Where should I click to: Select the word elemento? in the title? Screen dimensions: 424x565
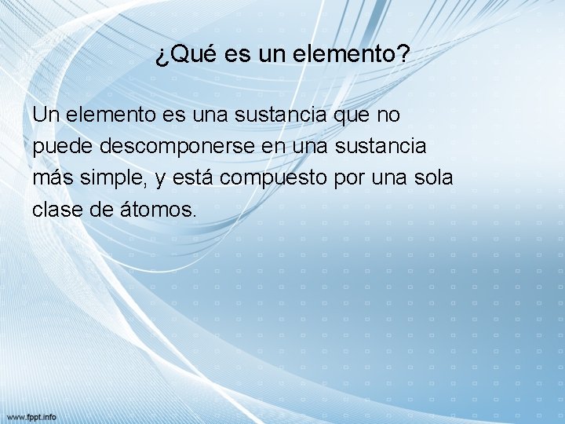(352, 55)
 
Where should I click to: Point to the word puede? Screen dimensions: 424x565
(59, 147)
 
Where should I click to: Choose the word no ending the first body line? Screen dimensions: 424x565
(388, 115)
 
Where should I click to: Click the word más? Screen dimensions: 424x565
(53, 178)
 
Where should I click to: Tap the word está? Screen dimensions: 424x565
(190, 178)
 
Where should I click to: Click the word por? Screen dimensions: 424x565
(350, 178)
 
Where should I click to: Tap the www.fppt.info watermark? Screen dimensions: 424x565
(31, 416)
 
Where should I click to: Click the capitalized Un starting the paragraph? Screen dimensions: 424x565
(46, 115)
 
